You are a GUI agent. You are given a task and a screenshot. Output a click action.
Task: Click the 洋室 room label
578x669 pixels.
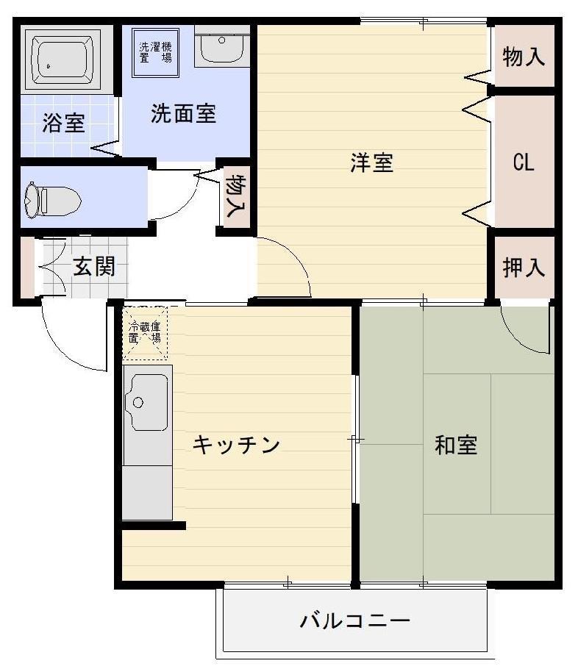pos(372,162)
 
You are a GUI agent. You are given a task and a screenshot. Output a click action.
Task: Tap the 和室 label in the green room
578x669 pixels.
pos(456,445)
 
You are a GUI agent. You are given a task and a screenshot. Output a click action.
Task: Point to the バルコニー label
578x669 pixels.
pos(354,622)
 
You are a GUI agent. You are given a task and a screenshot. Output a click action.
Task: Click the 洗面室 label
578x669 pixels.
pos(183,114)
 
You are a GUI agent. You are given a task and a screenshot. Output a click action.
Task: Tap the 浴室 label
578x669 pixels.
pos(63,123)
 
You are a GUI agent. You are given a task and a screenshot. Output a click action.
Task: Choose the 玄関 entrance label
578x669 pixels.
pos(93,267)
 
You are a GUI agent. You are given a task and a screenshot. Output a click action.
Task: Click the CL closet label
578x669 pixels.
pos(523,162)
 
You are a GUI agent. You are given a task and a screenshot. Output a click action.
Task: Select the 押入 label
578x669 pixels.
pos(523,268)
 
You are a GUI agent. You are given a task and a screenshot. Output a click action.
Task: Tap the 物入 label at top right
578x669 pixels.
pos(523,57)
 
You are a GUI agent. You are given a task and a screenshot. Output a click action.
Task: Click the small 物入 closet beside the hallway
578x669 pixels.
pos(235,196)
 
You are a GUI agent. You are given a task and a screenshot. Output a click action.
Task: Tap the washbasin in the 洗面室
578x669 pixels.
pos(222,48)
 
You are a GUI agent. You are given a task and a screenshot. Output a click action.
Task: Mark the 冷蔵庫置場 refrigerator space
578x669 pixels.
pos(145,333)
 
